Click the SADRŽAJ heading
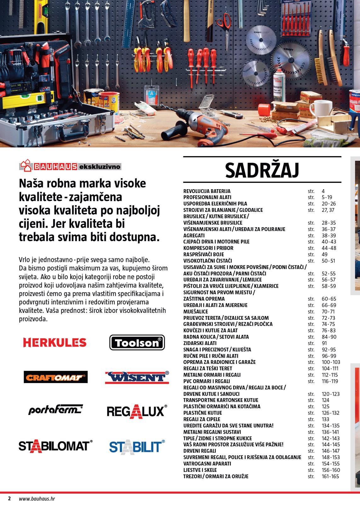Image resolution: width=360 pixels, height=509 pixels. point(262,170)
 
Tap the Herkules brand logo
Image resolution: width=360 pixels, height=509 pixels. point(54,342)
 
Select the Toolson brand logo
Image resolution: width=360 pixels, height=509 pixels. point(137,342)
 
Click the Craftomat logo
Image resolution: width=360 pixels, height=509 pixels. point(55,377)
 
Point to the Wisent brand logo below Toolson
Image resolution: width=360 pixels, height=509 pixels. point(137,377)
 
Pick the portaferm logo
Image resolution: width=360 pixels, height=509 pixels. point(55,410)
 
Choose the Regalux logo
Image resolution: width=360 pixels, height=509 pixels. point(137,411)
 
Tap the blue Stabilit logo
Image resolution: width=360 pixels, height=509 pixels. point(137,446)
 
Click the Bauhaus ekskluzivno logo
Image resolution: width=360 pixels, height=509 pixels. point(70,166)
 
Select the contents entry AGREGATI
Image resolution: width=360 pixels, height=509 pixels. point(194,235)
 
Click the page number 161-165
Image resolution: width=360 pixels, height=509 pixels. point(330,476)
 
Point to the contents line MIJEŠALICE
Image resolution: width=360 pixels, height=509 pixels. point(196,311)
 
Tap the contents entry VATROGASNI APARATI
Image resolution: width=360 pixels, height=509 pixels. point(207,464)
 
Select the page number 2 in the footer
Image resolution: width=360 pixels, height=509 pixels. point(9,499)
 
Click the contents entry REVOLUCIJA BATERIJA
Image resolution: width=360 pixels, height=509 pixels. point(207,191)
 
